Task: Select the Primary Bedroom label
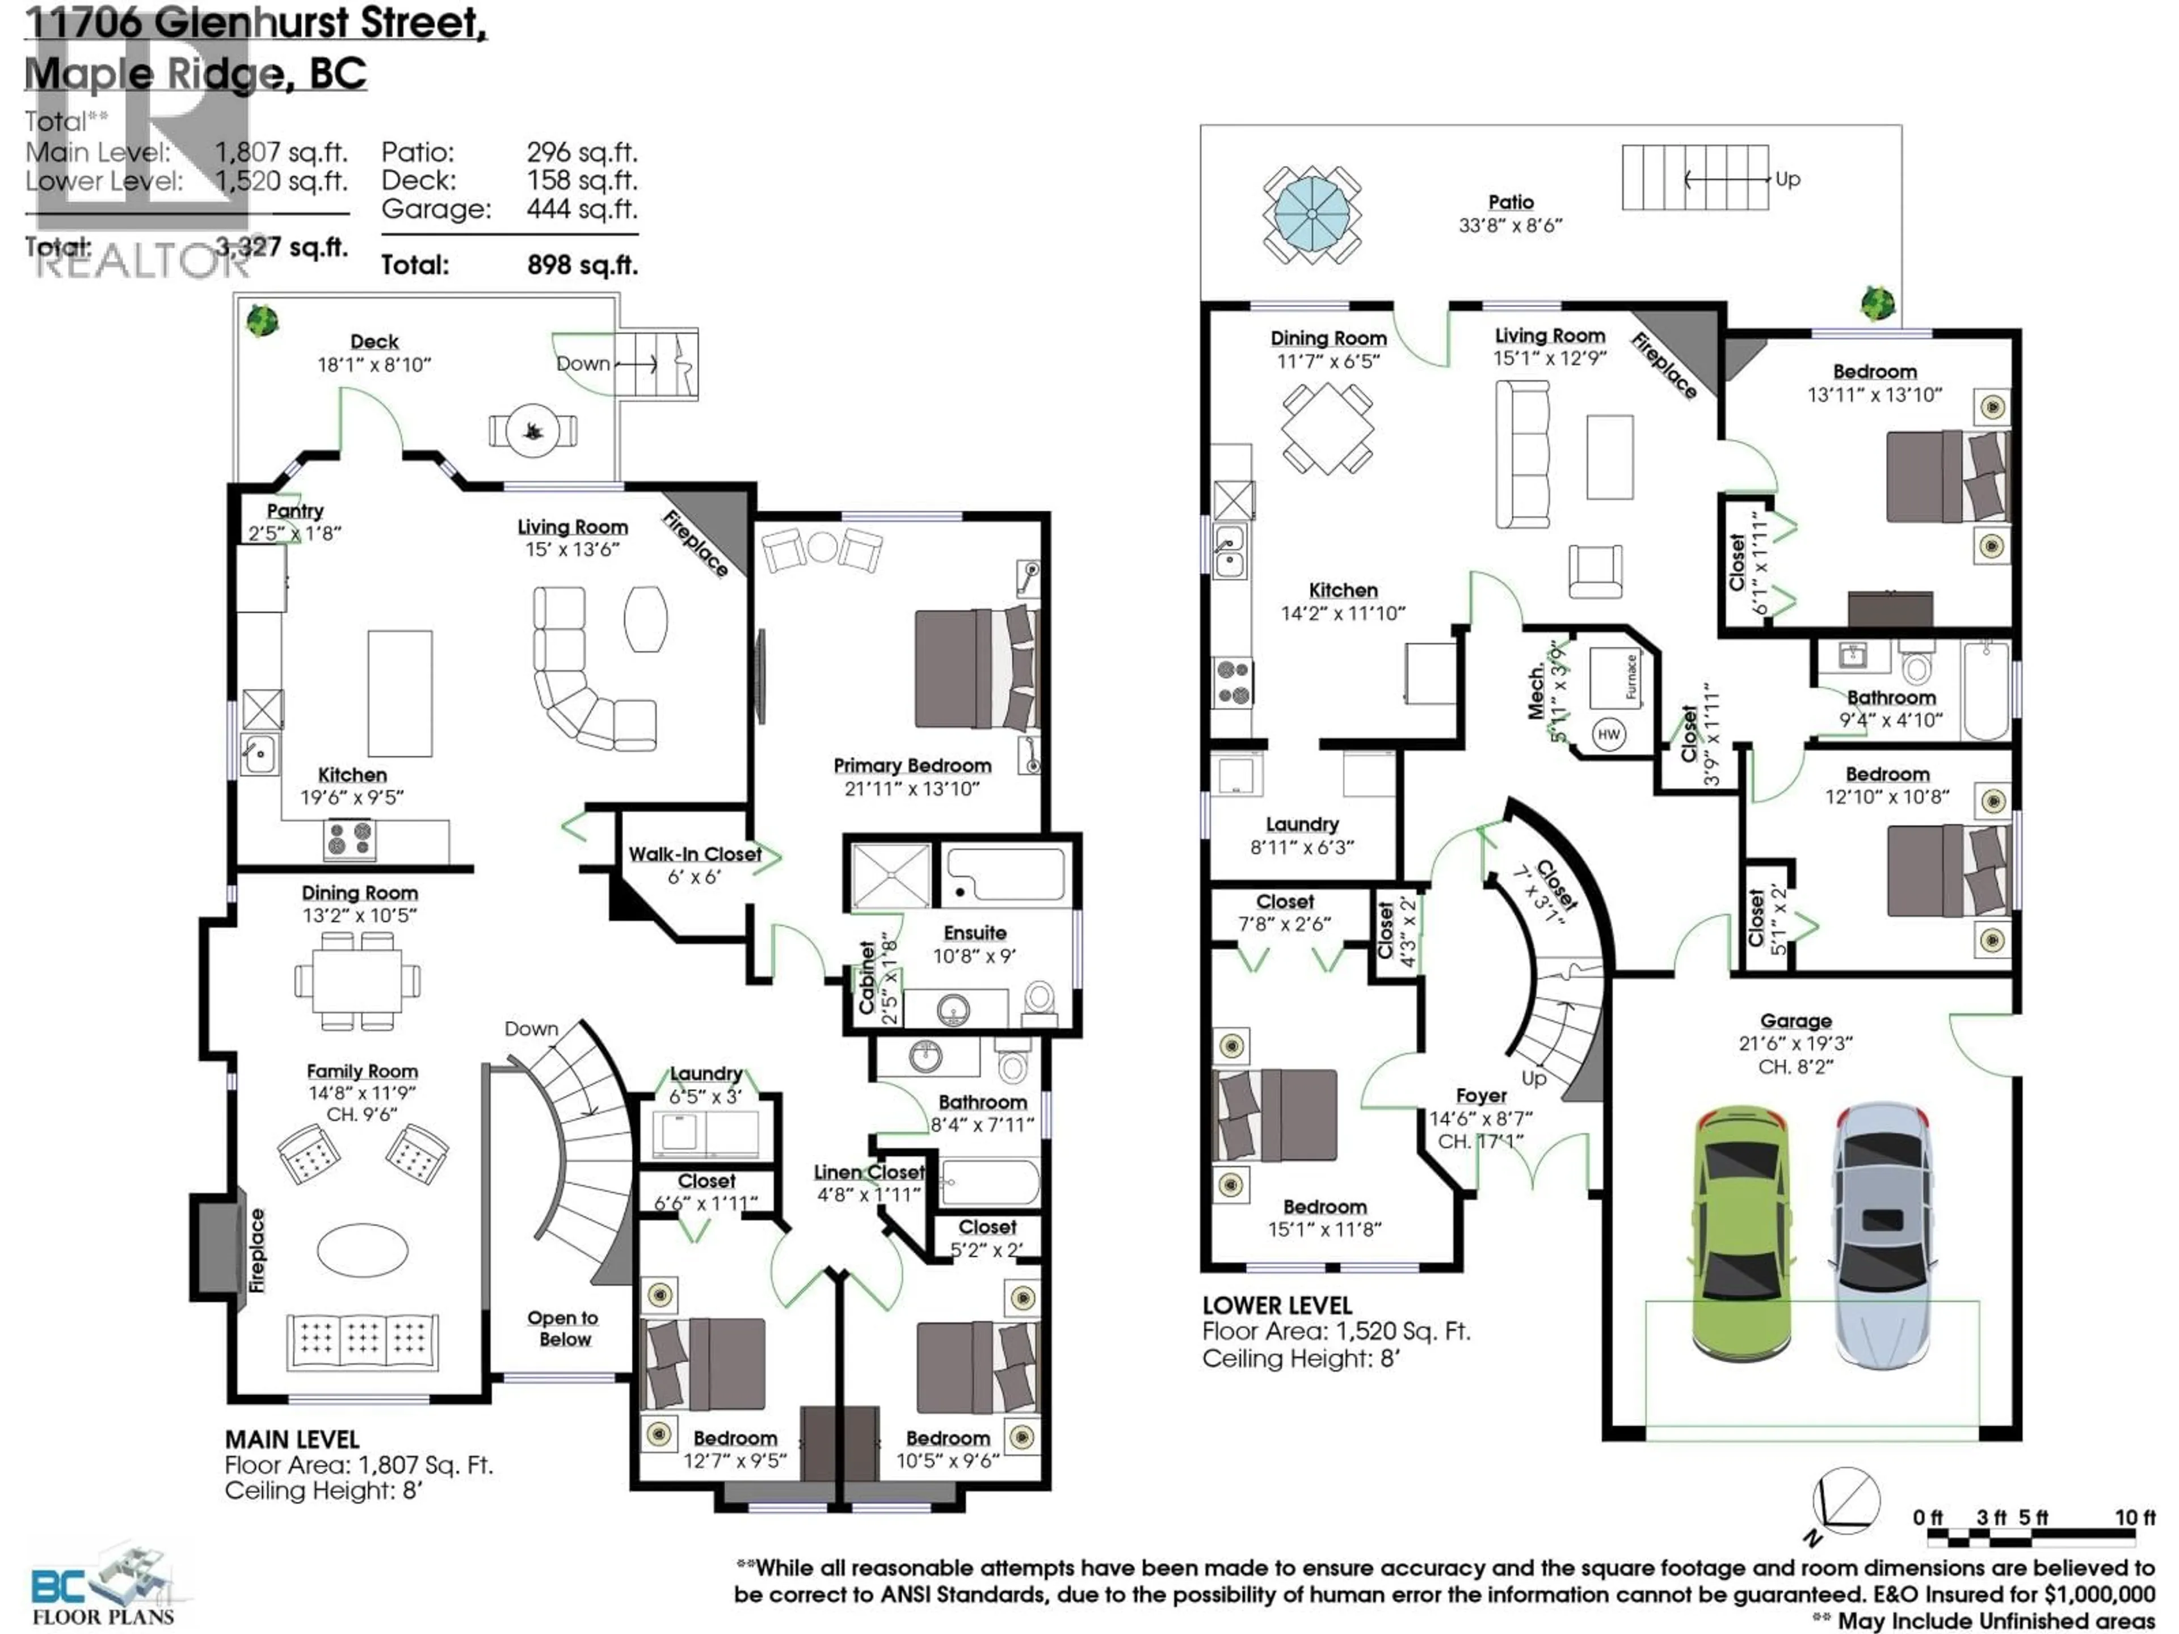911,765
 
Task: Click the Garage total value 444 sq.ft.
581,209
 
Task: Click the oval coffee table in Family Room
363,1249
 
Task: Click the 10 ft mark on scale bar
2134,1518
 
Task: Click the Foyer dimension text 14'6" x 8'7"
1480,1118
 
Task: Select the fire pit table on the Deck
533,431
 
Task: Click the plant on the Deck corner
262,320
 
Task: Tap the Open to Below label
563,1328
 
